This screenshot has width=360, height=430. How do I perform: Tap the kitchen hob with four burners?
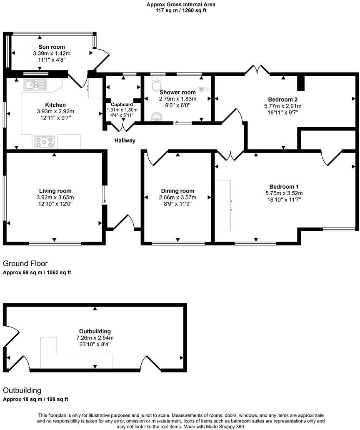pos(44,142)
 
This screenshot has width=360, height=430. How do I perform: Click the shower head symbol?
pos(204,89)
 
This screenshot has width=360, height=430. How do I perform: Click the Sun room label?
pos(52,47)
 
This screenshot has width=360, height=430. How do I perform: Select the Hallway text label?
pos(125,141)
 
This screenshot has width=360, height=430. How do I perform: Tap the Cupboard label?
pos(122,105)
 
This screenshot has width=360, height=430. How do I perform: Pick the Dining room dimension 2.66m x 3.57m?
pos(177,197)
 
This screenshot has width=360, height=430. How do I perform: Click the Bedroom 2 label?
pos(282,100)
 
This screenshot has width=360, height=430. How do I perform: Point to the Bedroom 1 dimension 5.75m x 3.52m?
pos(284,193)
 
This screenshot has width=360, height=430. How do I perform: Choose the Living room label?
pos(54,191)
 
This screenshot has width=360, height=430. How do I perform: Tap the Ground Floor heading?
pos(25,264)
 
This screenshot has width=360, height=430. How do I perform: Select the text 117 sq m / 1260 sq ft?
pos(180,10)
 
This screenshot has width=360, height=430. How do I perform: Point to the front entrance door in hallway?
pos(124,223)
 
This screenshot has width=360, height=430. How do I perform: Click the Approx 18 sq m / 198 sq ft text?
pos(35,399)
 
